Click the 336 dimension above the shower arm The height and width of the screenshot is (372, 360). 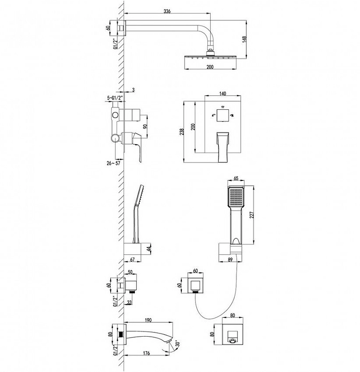[167, 11]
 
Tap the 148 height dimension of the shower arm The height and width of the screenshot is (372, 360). [245, 40]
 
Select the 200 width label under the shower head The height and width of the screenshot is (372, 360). [210, 67]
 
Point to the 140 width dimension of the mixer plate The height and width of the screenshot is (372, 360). [223, 93]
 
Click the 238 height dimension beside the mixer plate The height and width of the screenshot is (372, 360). [182, 132]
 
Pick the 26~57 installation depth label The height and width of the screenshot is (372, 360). [113, 163]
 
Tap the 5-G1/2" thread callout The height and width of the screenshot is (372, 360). [115, 97]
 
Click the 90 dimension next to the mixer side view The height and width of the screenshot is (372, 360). [145, 126]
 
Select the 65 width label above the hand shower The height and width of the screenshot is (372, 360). [236, 178]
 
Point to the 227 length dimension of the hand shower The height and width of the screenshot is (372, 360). [252, 215]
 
